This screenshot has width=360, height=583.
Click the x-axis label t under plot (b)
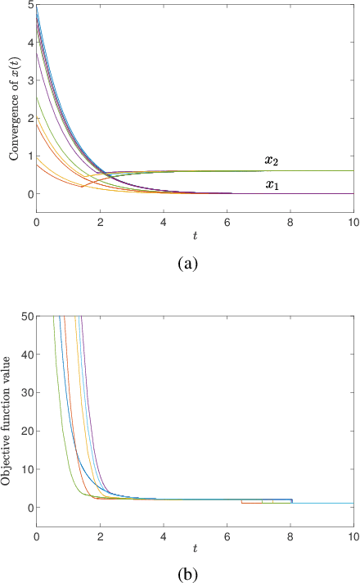(195, 547)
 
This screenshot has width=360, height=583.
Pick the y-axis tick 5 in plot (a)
(29, 6)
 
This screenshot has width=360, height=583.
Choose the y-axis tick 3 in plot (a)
(29, 81)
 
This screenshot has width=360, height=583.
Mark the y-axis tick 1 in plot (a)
(29, 156)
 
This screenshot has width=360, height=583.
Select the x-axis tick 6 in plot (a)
(227, 223)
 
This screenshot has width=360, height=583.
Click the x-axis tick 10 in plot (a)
(353, 223)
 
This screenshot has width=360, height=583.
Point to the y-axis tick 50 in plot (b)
(26, 316)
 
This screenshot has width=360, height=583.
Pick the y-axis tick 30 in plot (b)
(26, 392)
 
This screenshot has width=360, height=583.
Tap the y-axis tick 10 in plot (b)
(26, 469)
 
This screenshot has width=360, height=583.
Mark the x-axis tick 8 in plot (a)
(290, 223)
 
